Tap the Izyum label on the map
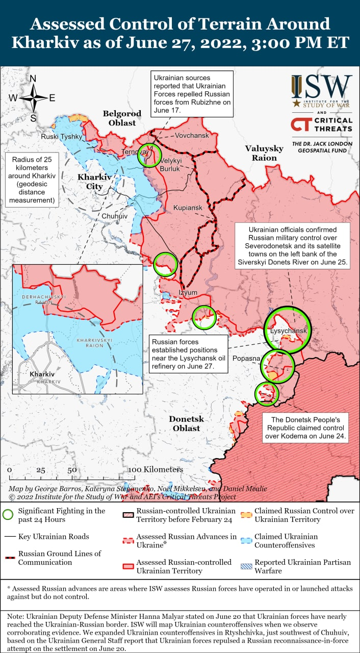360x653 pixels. point(188,292)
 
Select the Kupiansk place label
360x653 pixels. point(188,208)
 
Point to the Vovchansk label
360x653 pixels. point(192,136)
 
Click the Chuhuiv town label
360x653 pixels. point(115,216)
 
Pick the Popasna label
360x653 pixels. point(247,359)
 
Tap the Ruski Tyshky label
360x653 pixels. point(61,137)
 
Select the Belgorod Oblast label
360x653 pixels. point(122,118)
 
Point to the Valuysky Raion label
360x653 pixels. point(264,153)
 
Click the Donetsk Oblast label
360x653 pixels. point(186,423)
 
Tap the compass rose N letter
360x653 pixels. point(33,79)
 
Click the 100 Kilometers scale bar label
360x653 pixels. point(156,469)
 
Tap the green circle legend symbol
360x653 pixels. point(8,515)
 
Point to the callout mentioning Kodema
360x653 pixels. point(305,428)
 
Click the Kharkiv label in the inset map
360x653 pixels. point(42,374)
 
